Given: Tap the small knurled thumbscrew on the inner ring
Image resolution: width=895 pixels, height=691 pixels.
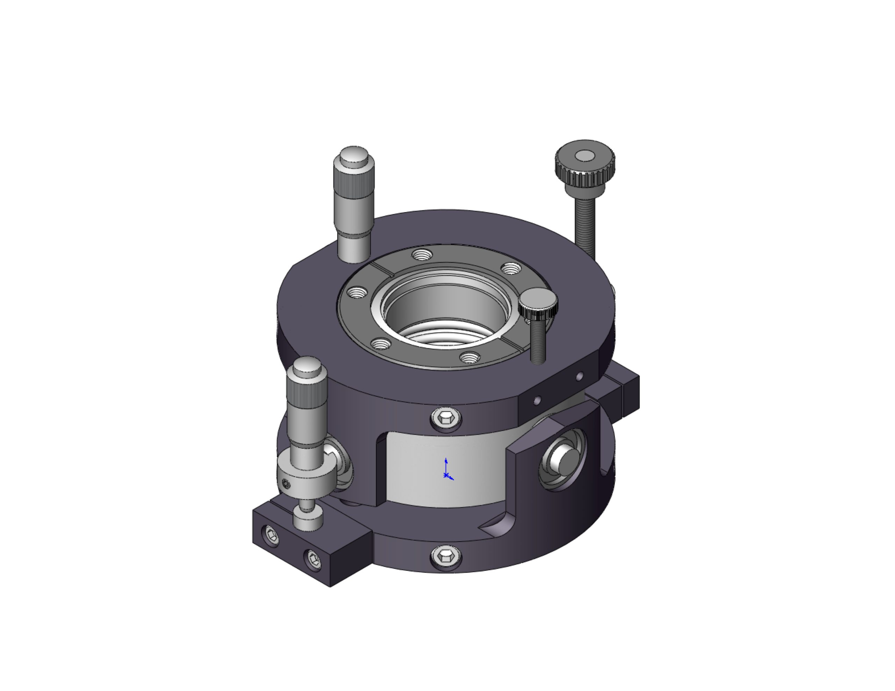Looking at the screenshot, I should [538, 303].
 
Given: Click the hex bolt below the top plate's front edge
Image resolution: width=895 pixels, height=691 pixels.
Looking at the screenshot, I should [445, 418].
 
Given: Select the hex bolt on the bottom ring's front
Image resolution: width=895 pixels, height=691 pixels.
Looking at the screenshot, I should [445, 556].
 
